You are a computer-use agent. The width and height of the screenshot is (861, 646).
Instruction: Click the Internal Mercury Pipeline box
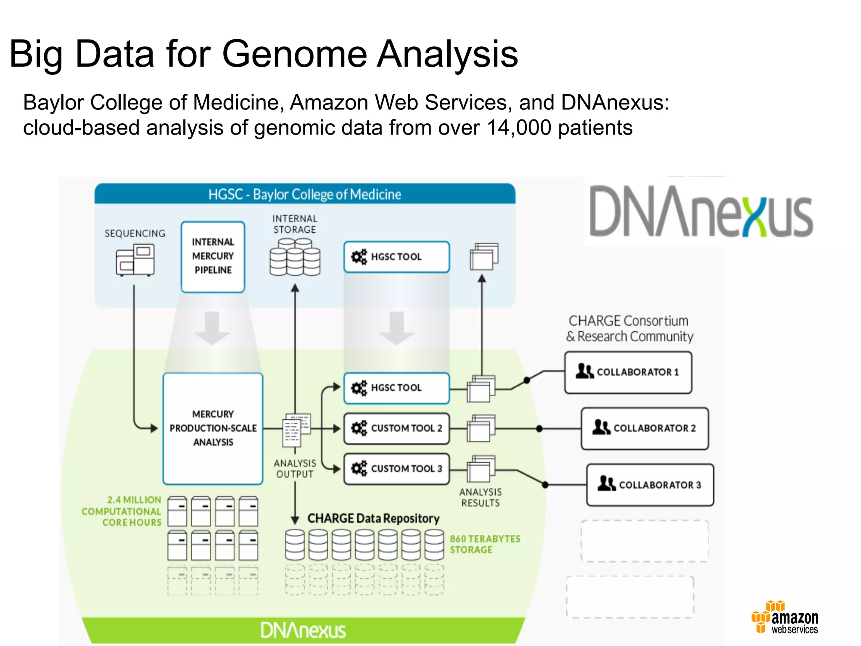point(213,257)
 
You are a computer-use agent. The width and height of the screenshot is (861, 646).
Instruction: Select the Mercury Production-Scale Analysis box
point(213,428)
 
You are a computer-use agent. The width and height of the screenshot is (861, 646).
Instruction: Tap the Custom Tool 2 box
point(396,428)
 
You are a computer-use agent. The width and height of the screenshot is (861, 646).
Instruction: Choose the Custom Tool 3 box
point(396,469)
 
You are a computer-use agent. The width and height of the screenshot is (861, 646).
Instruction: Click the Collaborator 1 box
point(628,372)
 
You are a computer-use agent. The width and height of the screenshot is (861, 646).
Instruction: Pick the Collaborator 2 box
point(644,428)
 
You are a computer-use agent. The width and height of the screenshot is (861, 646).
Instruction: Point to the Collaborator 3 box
point(650,484)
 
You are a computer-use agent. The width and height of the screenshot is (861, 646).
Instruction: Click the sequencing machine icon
point(135,260)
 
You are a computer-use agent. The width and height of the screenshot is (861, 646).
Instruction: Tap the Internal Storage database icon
point(295,257)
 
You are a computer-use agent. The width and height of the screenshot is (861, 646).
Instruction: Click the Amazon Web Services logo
point(785,617)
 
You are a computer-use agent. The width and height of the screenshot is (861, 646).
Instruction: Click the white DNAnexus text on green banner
point(303,630)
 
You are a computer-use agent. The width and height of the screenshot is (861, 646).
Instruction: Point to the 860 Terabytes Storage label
point(485,544)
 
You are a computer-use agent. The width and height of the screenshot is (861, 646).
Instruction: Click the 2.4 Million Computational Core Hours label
point(122,511)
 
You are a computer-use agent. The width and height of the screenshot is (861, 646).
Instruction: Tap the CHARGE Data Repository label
point(373,518)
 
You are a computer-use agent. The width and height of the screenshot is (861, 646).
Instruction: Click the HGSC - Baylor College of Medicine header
point(305,194)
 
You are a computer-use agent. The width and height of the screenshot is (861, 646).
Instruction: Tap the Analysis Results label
point(481,498)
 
